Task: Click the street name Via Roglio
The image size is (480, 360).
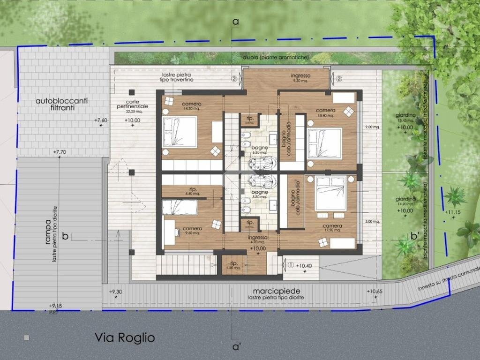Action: click(x=124, y=337)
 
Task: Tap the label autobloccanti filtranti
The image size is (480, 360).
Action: click(x=61, y=104)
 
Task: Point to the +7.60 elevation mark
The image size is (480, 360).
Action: click(x=101, y=120)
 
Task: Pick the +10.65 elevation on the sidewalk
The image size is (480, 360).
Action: click(x=375, y=292)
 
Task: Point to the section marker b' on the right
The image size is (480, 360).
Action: click(x=414, y=236)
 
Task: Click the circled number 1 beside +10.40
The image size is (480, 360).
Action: click(x=291, y=264)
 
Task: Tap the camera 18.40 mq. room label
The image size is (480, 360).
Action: click(x=326, y=112)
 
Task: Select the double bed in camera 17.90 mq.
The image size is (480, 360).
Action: click(x=330, y=193)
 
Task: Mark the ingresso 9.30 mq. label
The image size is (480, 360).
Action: click(x=300, y=78)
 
